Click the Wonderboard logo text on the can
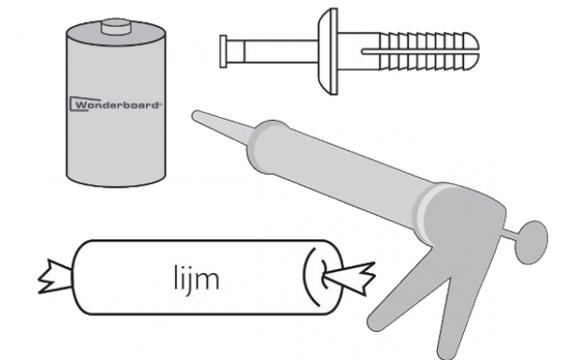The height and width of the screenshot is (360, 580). [115, 105]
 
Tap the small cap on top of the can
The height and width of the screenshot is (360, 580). [116, 26]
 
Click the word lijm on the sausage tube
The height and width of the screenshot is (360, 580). [196, 280]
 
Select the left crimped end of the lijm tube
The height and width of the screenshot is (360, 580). [55, 277]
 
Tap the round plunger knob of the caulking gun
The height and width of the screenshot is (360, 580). [531, 242]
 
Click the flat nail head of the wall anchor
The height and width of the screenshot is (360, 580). [223, 51]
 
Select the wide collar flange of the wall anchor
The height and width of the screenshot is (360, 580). [328, 51]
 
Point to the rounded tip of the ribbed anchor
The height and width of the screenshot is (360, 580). [472, 51]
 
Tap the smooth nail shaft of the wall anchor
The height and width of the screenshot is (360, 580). [272, 51]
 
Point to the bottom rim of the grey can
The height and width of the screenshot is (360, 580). [116, 180]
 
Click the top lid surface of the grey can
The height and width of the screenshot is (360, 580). [116, 36]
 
